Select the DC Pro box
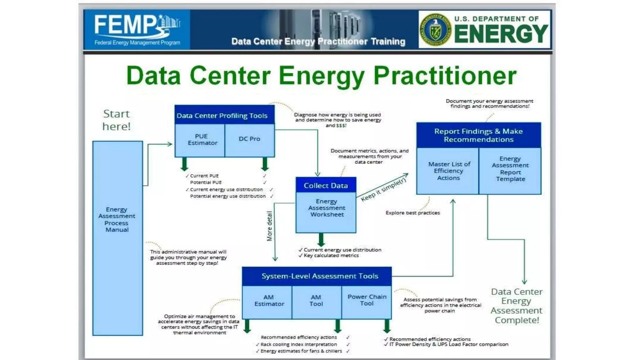(x=249, y=139)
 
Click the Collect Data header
(x=326, y=186)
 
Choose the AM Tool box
(x=316, y=301)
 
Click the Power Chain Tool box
(x=367, y=300)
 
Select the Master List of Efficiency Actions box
(x=448, y=171)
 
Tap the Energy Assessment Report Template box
(x=510, y=169)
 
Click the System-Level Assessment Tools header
(x=319, y=276)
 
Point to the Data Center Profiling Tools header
(x=222, y=116)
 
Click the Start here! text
(x=116, y=120)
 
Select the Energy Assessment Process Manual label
(x=117, y=219)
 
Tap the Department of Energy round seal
(x=435, y=30)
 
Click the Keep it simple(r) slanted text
(x=383, y=190)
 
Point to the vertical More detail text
(x=269, y=226)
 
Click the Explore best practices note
(x=412, y=213)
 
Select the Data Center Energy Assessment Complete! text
(x=516, y=306)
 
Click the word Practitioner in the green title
(x=445, y=76)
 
